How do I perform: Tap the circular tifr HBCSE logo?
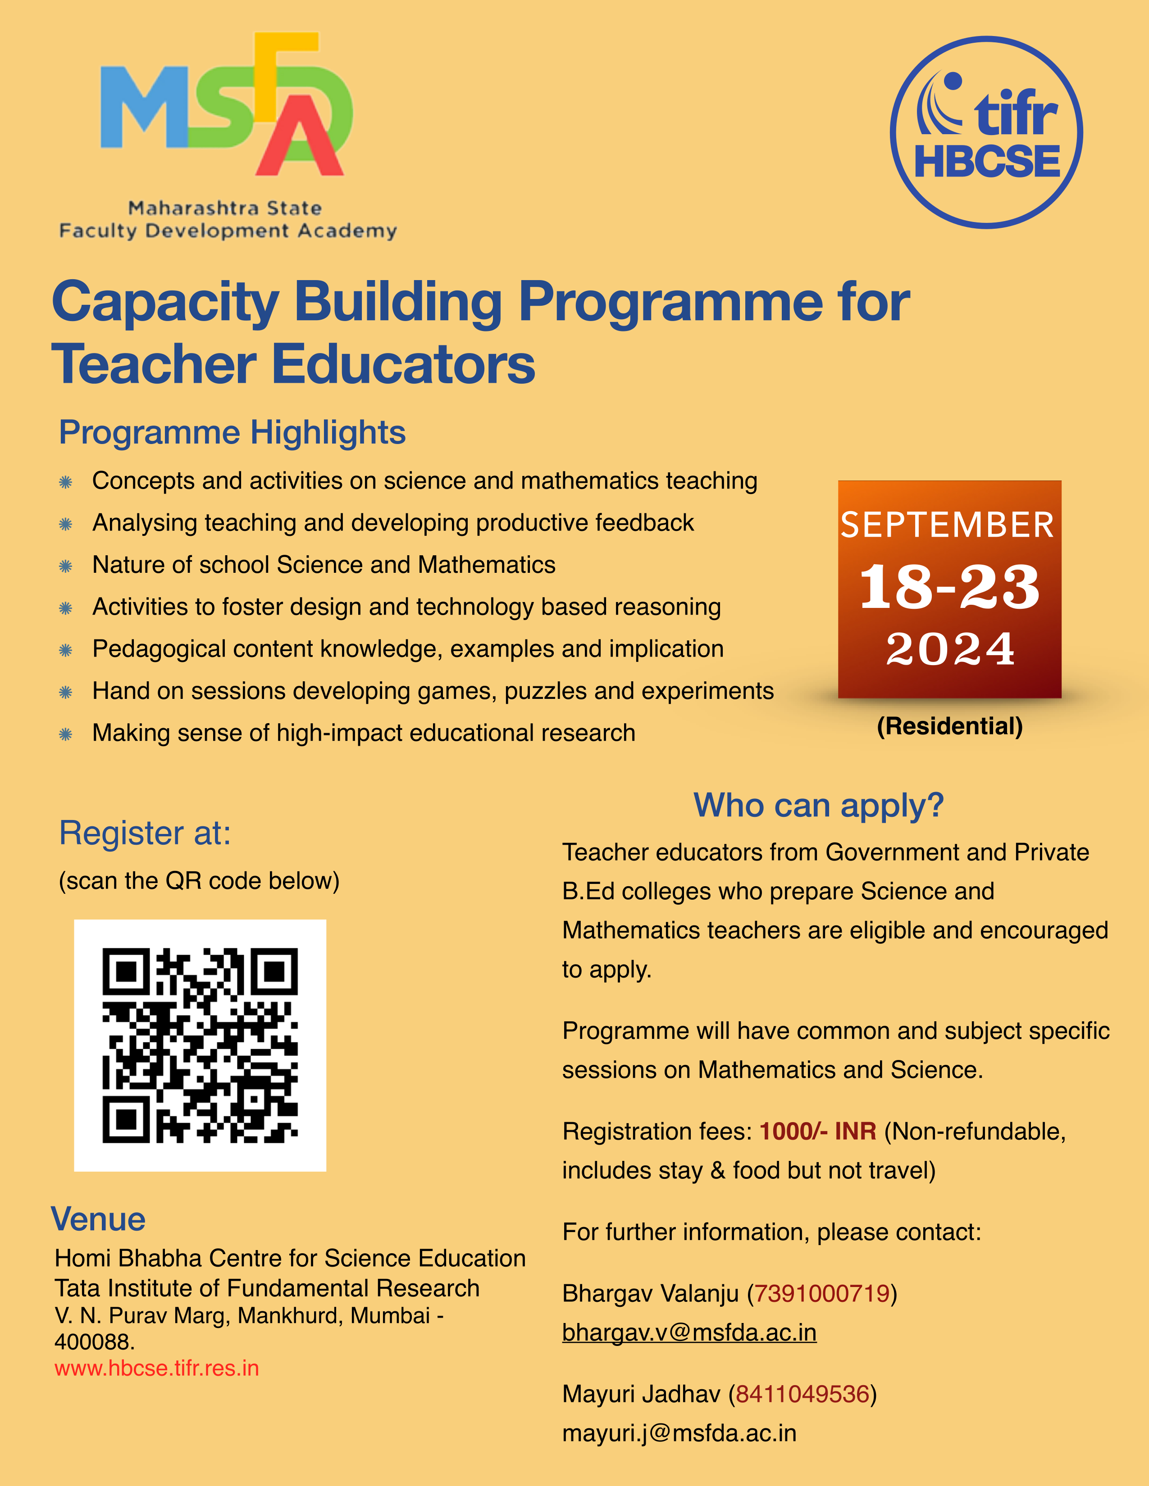point(986,132)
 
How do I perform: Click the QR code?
point(200,1045)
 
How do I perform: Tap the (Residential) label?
point(949,726)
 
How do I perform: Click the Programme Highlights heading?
point(232,433)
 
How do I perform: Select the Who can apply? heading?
point(818,806)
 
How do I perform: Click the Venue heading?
point(98,1219)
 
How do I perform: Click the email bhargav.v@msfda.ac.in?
point(689,1332)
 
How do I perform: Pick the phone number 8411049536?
point(802,1394)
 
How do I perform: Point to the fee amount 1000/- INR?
point(817,1132)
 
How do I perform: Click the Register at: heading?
point(145,834)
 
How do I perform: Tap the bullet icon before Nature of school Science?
point(65,566)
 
